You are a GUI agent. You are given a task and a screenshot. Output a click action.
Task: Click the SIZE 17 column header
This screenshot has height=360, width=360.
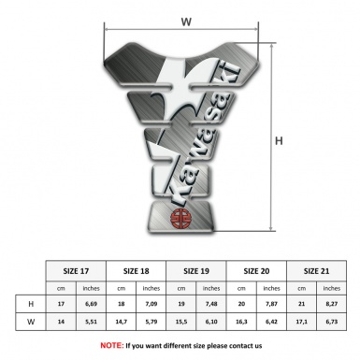pos(76,270)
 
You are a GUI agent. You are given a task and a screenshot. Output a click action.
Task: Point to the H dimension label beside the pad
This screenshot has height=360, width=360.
pos(280,141)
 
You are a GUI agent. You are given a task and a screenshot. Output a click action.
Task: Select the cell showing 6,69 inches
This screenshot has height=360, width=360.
pos(91,305)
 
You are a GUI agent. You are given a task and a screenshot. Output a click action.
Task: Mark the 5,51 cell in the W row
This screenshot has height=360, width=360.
pos(91,322)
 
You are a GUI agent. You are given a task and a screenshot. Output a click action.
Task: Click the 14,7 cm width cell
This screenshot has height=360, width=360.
pos(122,322)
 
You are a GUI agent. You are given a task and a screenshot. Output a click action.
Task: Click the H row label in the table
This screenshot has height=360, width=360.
pos(31,305)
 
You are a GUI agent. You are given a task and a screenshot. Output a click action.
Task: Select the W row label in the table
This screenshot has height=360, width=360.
pos(31,322)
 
